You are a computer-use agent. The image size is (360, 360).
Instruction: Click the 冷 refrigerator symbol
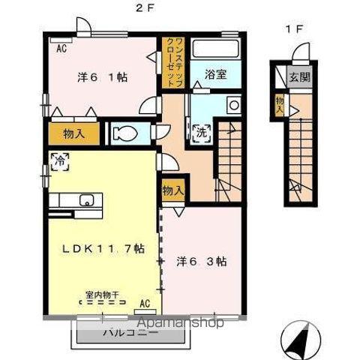58,159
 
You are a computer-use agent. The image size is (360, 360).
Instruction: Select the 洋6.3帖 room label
202,262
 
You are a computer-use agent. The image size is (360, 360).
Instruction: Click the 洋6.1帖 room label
101,76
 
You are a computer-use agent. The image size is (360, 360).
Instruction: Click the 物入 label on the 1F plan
279,103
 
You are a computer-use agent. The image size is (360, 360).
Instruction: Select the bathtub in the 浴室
215,49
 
